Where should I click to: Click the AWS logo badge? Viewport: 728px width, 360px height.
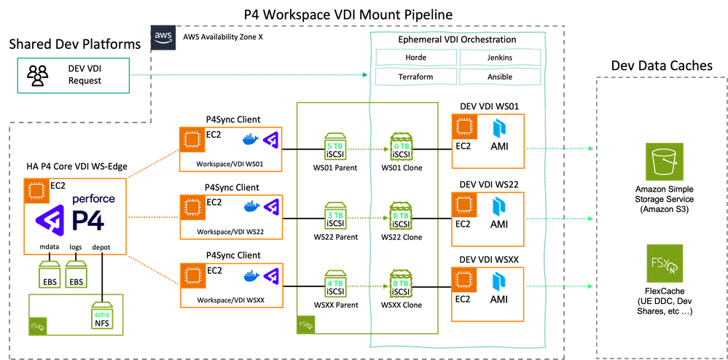(x=163, y=36)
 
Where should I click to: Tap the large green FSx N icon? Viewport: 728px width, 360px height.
(x=665, y=263)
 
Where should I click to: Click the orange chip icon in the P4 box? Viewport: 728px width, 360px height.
(x=35, y=192)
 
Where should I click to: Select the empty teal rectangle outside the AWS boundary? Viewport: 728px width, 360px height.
(x=74, y=77)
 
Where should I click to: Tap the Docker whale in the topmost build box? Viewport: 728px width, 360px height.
(x=250, y=138)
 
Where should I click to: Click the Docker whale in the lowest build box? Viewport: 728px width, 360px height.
(x=250, y=276)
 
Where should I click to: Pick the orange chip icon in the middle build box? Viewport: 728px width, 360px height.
(x=192, y=207)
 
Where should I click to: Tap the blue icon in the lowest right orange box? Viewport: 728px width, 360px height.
(x=500, y=280)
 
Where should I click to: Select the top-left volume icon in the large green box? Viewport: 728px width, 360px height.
(x=334, y=143)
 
